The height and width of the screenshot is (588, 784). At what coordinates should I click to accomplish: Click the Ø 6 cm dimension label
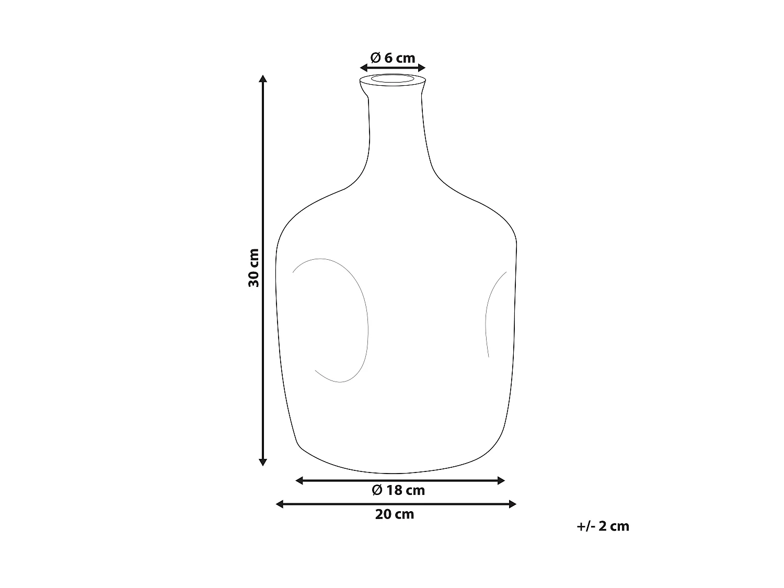393,57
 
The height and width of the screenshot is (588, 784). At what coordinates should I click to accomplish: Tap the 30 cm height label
254,268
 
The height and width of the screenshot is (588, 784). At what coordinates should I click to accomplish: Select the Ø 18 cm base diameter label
398,490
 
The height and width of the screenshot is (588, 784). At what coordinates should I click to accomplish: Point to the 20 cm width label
395,514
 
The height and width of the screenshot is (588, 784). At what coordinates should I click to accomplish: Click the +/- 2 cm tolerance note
603,526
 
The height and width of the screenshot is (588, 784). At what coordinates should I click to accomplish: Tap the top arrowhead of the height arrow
263,79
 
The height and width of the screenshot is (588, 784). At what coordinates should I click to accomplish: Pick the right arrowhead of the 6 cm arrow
422,67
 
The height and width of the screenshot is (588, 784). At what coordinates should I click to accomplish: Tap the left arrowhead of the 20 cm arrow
280,504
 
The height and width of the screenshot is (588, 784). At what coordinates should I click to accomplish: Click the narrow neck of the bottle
395,131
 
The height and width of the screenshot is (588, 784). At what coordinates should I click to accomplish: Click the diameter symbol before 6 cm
375,57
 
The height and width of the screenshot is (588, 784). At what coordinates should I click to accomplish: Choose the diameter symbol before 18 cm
377,490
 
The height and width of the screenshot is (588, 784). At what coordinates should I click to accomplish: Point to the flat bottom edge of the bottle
397,472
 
